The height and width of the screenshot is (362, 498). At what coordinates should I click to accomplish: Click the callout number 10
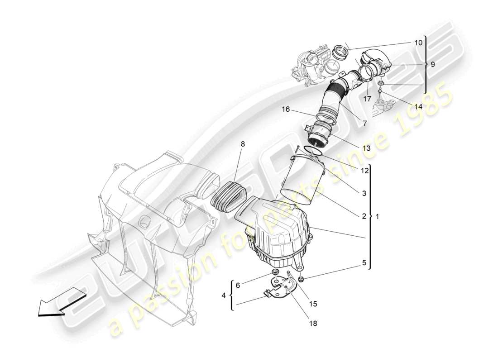[x=418, y=43]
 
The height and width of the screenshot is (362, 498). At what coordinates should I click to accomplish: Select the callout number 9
[x=433, y=64]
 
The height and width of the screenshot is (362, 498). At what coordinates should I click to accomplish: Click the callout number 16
[x=285, y=109]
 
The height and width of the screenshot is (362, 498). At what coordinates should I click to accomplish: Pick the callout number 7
[x=364, y=123]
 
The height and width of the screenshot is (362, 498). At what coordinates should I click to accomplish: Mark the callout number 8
[x=243, y=144]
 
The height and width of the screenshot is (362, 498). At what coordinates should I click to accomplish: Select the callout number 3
[x=364, y=193]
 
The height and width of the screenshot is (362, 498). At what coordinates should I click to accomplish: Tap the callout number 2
[x=364, y=216]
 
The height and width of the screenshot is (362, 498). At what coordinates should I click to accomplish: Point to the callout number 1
[x=378, y=216]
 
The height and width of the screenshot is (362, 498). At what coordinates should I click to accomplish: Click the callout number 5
[x=364, y=262]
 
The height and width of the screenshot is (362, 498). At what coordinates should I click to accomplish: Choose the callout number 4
[x=223, y=295]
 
